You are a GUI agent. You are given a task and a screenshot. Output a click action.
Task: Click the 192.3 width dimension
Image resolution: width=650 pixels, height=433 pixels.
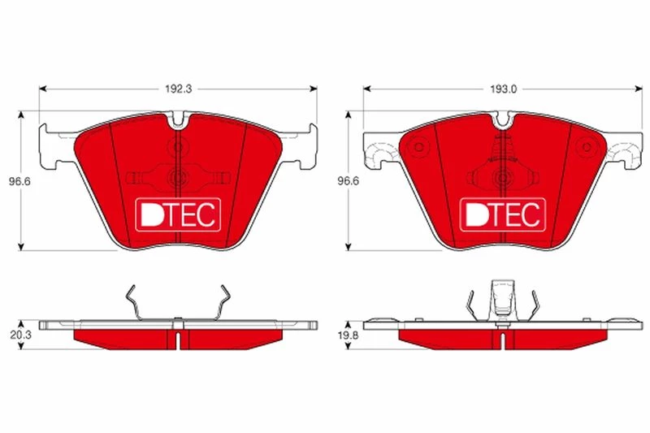coord(179,89)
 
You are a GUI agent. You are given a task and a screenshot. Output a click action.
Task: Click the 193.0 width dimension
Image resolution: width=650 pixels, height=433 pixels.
coord(503,89)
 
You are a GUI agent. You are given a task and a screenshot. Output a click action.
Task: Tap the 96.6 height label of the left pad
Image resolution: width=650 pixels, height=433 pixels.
coord(19,181)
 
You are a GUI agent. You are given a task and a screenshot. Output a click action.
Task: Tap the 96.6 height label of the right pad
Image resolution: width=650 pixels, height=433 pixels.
coord(348,181)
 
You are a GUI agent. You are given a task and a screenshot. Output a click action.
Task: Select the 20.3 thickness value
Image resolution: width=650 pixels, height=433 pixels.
coord(20,336)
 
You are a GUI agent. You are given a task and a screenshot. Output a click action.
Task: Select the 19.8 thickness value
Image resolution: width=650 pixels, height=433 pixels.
coord(348,336)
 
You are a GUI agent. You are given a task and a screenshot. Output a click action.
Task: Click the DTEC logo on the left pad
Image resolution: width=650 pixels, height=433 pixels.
coord(178,214)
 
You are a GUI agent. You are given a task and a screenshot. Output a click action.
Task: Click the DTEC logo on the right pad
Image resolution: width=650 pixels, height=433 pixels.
coord(503,214)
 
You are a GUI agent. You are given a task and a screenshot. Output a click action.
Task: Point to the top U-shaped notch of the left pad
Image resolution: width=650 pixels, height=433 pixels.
coord(178,119)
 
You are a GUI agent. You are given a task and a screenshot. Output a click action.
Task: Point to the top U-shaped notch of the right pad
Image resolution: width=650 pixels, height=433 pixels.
coord(503,119)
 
